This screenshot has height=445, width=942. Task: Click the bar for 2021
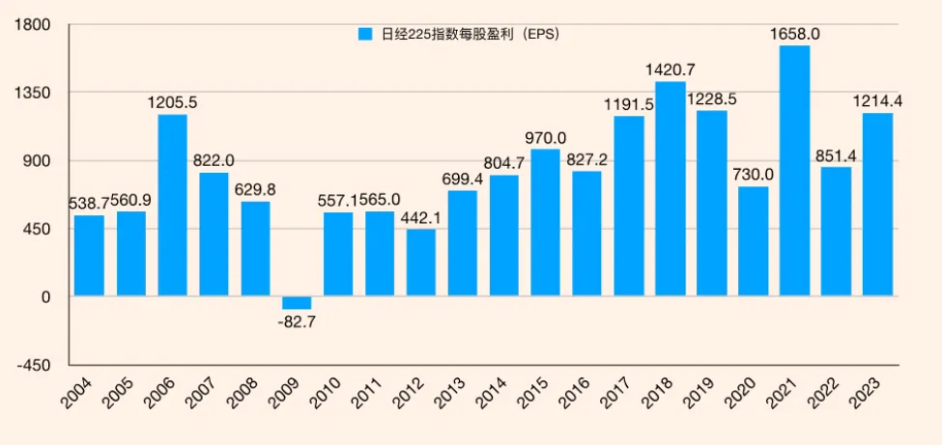pyautogui.click(x=794, y=171)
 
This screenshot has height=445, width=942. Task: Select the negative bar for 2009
pyautogui.click(x=297, y=303)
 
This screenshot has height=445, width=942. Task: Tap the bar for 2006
pyautogui.click(x=172, y=206)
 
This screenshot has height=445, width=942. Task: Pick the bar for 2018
pyautogui.click(x=670, y=189)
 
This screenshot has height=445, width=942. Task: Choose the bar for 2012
pyautogui.click(x=420, y=263)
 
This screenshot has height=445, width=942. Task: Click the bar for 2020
pyautogui.click(x=753, y=241)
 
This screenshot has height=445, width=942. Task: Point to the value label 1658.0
pyautogui.click(x=794, y=34)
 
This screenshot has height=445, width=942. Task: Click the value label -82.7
pyautogui.click(x=298, y=320)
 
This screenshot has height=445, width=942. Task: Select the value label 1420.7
pyautogui.click(x=671, y=70)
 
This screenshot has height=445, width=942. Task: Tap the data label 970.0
pyautogui.click(x=546, y=138)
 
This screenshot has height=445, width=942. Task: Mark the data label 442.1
pyautogui.click(x=421, y=218)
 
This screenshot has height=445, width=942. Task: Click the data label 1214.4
pyautogui.click(x=877, y=101)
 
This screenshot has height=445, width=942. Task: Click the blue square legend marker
pyautogui.click(x=365, y=34)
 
